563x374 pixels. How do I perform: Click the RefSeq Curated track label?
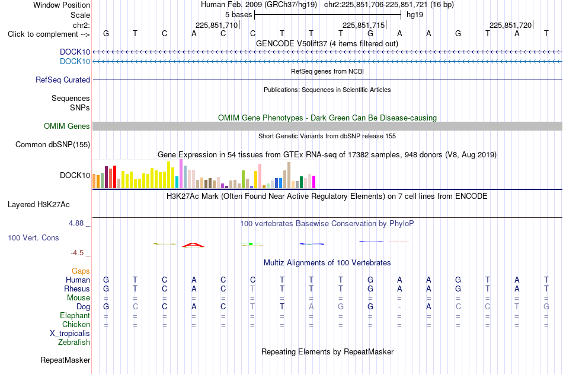(x=63, y=80)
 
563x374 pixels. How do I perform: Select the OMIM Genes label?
(x=67, y=126)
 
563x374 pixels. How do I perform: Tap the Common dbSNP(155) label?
(x=53, y=145)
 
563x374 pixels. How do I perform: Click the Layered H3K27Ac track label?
(x=39, y=205)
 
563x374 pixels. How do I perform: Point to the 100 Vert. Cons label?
(x=33, y=237)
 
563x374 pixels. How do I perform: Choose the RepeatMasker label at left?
(x=65, y=360)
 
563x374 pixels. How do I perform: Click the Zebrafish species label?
(x=74, y=343)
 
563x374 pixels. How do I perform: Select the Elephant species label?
(x=75, y=315)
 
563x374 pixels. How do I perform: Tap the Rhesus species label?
(x=77, y=289)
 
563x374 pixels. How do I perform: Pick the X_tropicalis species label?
(x=70, y=334)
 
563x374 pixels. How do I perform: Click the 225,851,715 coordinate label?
(x=363, y=25)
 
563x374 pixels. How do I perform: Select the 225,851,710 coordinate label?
(x=216, y=25)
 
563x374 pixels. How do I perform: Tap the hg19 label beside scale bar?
(x=415, y=15)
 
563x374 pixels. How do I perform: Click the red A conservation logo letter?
(x=193, y=245)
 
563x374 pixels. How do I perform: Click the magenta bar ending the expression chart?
(x=314, y=182)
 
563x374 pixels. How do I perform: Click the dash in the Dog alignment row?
(x=399, y=307)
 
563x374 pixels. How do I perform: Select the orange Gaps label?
(x=81, y=271)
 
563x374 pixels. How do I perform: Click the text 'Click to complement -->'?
(x=49, y=34)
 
